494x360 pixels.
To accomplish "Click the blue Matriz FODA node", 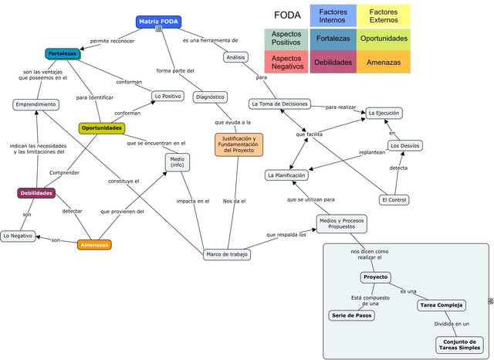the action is pyautogui.click(x=158, y=22).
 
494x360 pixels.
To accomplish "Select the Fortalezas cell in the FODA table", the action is pyautogui.click(x=333, y=39).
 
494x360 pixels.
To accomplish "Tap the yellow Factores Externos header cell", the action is pyautogui.click(x=384, y=15).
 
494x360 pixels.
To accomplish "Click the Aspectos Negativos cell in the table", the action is pyautogui.click(x=286, y=62).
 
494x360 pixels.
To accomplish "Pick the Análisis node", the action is pyautogui.click(x=235, y=57).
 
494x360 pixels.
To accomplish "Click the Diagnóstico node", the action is pyautogui.click(x=210, y=97).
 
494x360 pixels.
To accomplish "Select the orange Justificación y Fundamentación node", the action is pyautogui.click(x=239, y=144).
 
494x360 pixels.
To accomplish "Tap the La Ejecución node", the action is pyautogui.click(x=384, y=113).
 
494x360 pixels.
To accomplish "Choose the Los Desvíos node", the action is pyautogui.click(x=404, y=146).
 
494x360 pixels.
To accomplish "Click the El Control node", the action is pyautogui.click(x=394, y=200).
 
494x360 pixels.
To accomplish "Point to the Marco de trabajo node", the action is pyautogui.click(x=227, y=254).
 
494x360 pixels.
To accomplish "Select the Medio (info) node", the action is pyautogui.click(x=178, y=162).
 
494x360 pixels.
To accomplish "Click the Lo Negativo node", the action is pyautogui.click(x=18, y=236).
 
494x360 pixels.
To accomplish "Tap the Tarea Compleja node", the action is pyautogui.click(x=442, y=305).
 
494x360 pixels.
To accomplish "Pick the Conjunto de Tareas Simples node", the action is pyautogui.click(x=459, y=345).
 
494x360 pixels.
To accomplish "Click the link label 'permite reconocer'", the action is pyautogui.click(x=112, y=41).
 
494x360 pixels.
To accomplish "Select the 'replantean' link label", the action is pyautogui.click(x=372, y=152).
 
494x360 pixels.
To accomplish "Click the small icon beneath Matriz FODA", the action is pyautogui.click(x=159, y=29).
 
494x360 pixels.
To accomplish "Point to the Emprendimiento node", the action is pyautogui.click(x=36, y=104).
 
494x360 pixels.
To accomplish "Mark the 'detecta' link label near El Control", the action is pyautogui.click(x=398, y=168).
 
